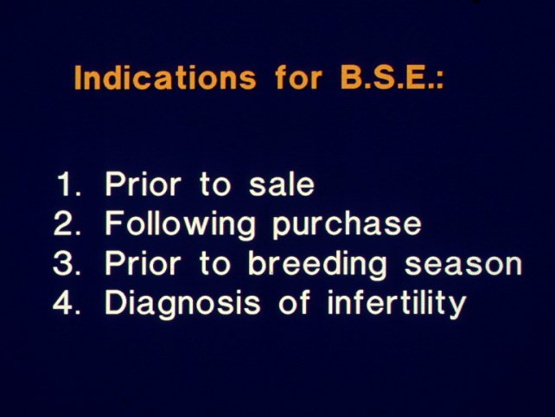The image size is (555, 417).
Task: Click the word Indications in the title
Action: coord(165,77)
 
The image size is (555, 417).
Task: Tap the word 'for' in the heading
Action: coord(298,77)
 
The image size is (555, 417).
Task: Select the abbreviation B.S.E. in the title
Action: coord(387,77)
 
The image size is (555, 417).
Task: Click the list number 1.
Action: coord(68,184)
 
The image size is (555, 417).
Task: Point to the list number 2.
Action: coord(67,223)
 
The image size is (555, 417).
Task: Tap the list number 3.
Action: coord(67,263)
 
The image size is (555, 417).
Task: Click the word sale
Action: coord(282,184)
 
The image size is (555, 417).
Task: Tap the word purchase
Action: coord(347,227)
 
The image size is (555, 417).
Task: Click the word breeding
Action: coord(317,266)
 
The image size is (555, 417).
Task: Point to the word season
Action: coord(463,265)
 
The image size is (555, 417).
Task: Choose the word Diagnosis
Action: coord(182,305)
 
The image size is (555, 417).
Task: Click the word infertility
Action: coord(397,304)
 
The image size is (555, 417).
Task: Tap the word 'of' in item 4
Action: coord(294,302)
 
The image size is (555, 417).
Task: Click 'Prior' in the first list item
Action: coord(143,184)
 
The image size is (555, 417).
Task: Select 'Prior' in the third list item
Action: coord(143,263)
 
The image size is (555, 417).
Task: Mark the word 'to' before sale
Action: coord(215,185)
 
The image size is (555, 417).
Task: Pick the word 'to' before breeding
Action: coord(215,264)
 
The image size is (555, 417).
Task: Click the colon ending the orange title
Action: coord(440,81)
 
